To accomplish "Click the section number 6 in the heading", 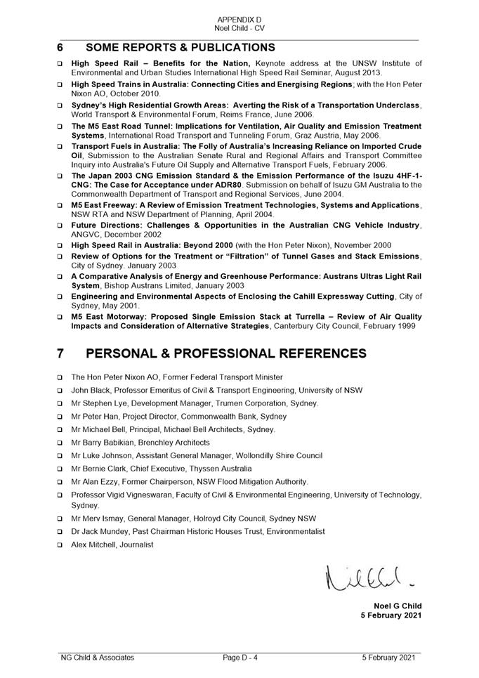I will pos(60,48).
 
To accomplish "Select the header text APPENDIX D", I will pos(239,20).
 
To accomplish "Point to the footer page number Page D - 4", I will pos(241,658).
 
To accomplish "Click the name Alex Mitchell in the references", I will pos(93,545).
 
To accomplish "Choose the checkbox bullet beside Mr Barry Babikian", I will pos(60,443).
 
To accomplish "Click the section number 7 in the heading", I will pos(60,353).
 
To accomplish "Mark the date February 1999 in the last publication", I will pos(390,326).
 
